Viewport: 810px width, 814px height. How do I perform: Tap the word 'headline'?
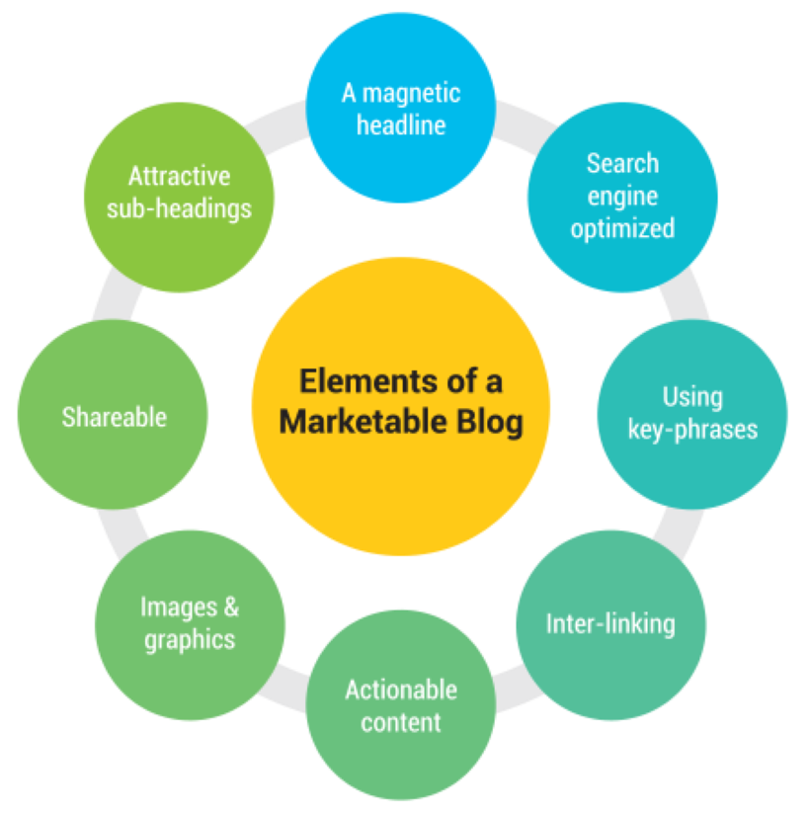[x=401, y=125]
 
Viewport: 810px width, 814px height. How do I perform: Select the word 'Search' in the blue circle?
[x=622, y=163]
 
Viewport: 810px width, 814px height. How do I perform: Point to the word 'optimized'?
[x=622, y=229]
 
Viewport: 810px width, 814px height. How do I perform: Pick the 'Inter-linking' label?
[x=610, y=624]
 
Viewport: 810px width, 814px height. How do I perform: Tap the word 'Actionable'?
[x=401, y=690]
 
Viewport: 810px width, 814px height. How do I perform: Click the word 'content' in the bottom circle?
[x=401, y=722]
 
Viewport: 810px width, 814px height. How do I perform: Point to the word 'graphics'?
[x=190, y=639]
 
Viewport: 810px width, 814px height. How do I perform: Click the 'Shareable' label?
[x=115, y=417]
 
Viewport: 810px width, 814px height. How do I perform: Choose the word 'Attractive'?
[x=179, y=177]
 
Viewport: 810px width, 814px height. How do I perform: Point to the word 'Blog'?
[x=489, y=422]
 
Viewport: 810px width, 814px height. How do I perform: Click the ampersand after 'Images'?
[x=229, y=607]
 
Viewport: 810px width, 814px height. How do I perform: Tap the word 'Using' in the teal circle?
[x=692, y=397]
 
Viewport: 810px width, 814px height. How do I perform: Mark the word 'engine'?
[x=622, y=196]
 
